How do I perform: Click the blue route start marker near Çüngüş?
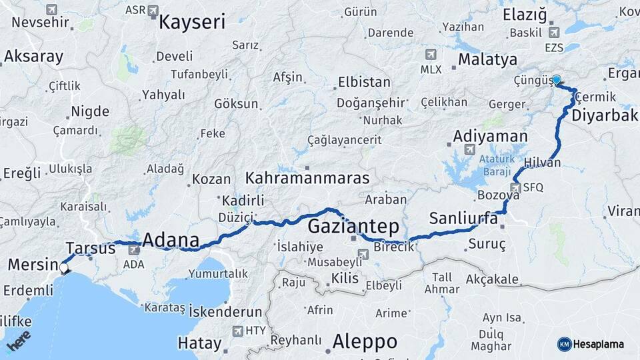[556, 79]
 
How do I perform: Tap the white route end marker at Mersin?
[64, 268]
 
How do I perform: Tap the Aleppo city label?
[365, 341]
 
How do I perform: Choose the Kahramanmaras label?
[307, 178]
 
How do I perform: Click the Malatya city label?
[487, 59]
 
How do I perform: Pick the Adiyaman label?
[491, 136]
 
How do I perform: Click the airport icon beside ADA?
[134, 249]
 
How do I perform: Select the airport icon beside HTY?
[237, 331]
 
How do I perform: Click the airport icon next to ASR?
[153, 11]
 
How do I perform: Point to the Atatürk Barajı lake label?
[496, 163]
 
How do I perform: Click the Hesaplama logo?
[591, 344]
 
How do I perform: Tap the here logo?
[19, 341]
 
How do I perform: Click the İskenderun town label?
[225, 311]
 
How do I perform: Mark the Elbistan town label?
[364, 83]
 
